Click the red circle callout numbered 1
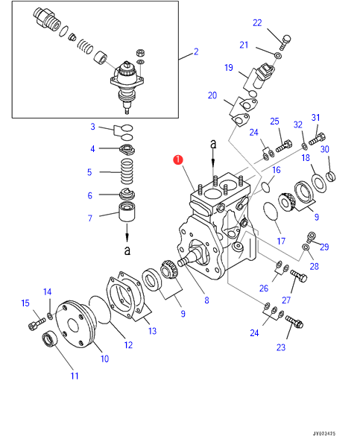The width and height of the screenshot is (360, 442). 178,160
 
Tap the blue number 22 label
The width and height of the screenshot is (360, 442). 257,23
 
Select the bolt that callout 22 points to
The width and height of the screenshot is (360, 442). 285,42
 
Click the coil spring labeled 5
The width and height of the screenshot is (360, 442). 127,171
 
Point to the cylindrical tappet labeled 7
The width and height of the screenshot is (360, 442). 127,212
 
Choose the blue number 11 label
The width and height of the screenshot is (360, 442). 75,376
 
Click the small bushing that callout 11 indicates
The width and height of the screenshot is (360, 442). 50,338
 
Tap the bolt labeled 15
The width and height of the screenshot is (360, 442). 37,323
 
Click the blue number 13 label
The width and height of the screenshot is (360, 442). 152,331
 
